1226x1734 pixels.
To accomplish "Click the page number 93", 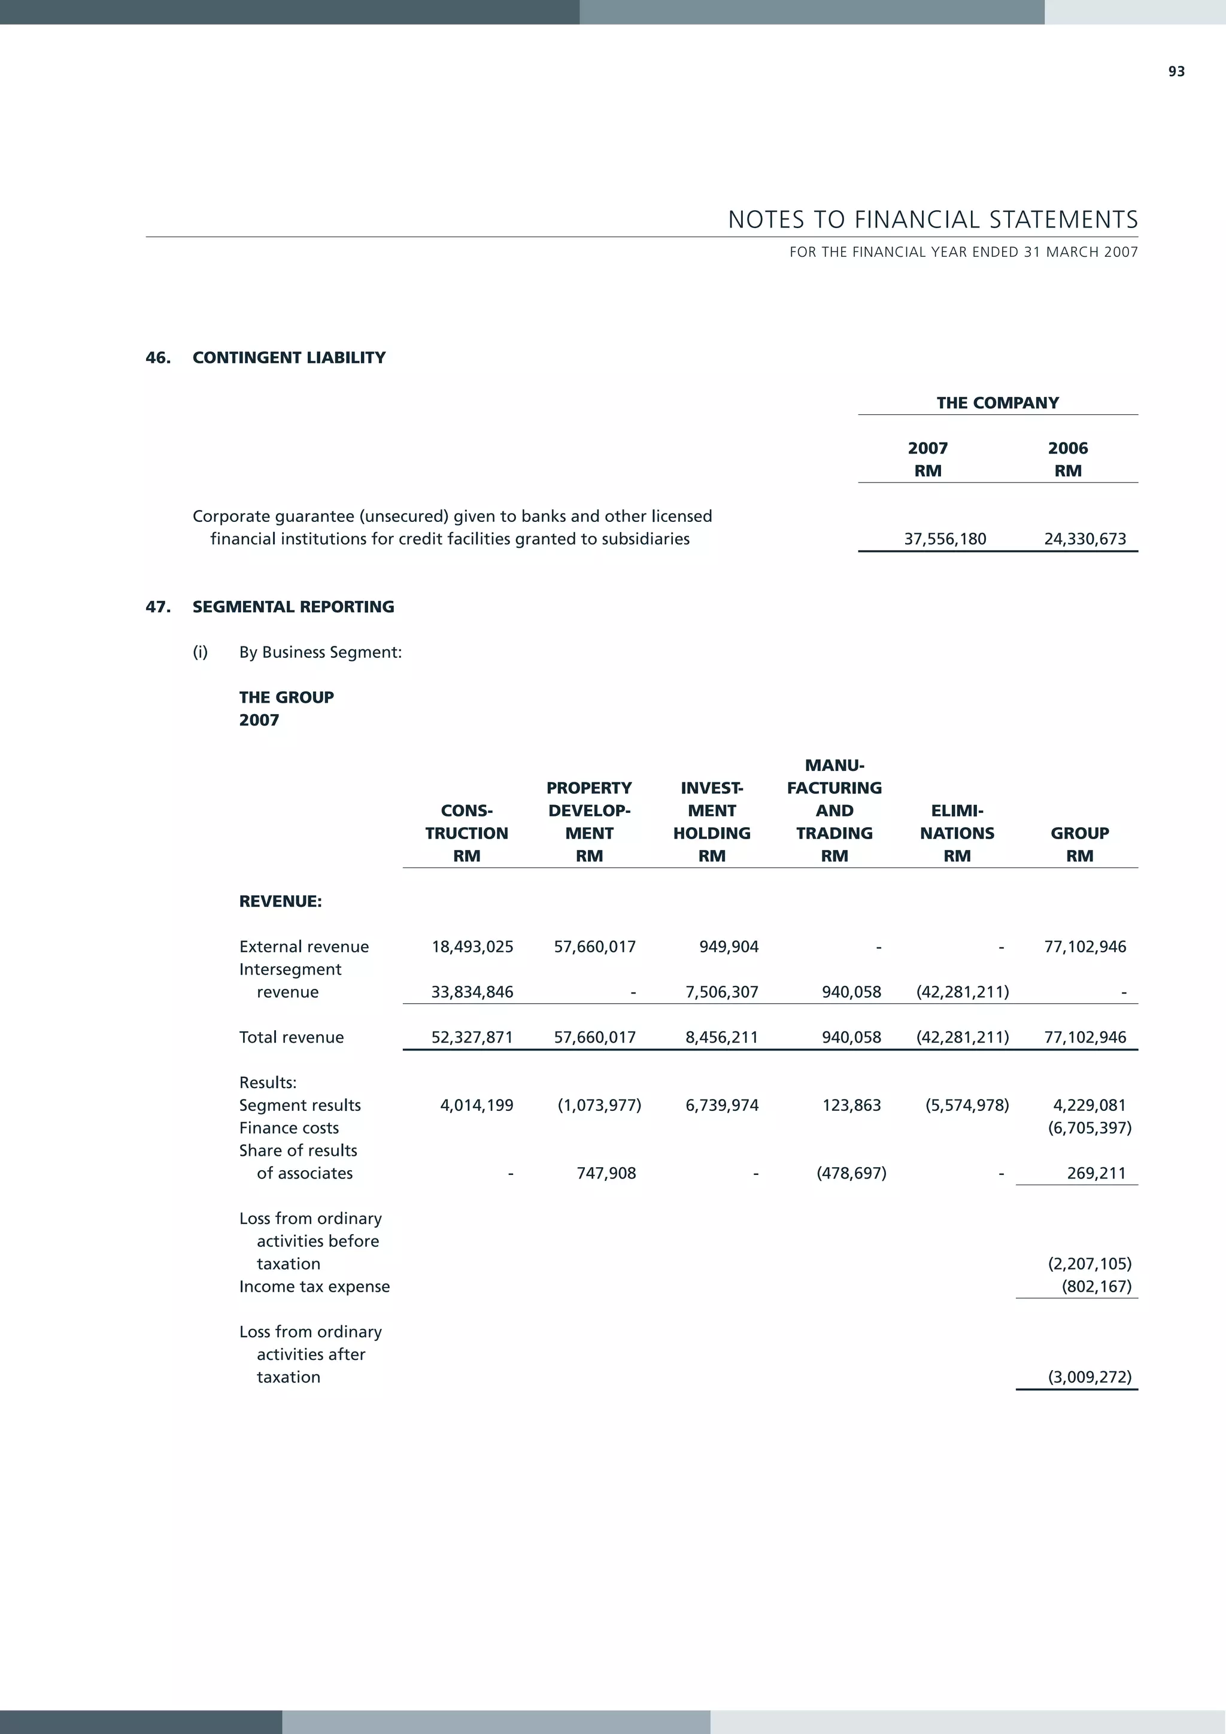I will pyautogui.click(x=1176, y=72).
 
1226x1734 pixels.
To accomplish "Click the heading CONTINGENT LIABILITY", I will pyautogui.click(x=289, y=358).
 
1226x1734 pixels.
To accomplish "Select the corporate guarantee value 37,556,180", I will pyautogui.click(x=945, y=539).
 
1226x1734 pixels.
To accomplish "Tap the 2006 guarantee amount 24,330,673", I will pyautogui.click(x=1085, y=539).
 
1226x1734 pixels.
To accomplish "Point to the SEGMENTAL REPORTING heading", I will pyautogui.click(x=293, y=607).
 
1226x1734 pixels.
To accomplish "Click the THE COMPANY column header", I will pyautogui.click(x=997, y=403).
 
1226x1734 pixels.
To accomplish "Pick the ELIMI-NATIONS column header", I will pyautogui.click(x=957, y=822).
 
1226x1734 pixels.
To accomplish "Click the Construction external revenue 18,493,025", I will pyautogui.click(x=472, y=947).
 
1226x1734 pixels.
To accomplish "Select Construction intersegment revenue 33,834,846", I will pyautogui.click(x=472, y=992).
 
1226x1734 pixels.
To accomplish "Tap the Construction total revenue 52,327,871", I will pyautogui.click(x=472, y=1038).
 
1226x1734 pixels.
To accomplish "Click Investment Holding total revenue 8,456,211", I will pyautogui.click(x=721, y=1038).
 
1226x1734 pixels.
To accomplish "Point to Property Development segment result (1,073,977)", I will pyautogui.click(x=599, y=1106).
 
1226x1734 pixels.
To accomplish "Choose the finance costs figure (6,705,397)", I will pyautogui.click(x=1090, y=1128).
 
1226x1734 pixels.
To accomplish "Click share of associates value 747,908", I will pyautogui.click(x=606, y=1174).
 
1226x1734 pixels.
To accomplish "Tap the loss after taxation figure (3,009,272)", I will pyautogui.click(x=1090, y=1377).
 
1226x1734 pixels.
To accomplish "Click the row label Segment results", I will pyautogui.click(x=300, y=1106).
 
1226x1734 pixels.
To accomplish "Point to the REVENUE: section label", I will pyautogui.click(x=280, y=902).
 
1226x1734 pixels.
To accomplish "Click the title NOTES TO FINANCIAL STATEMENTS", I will pyautogui.click(x=933, y=220).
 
